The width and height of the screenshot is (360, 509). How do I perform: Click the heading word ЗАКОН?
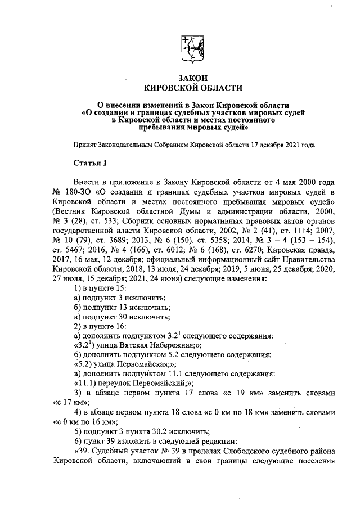193,78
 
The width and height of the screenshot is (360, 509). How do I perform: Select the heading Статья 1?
90,163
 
